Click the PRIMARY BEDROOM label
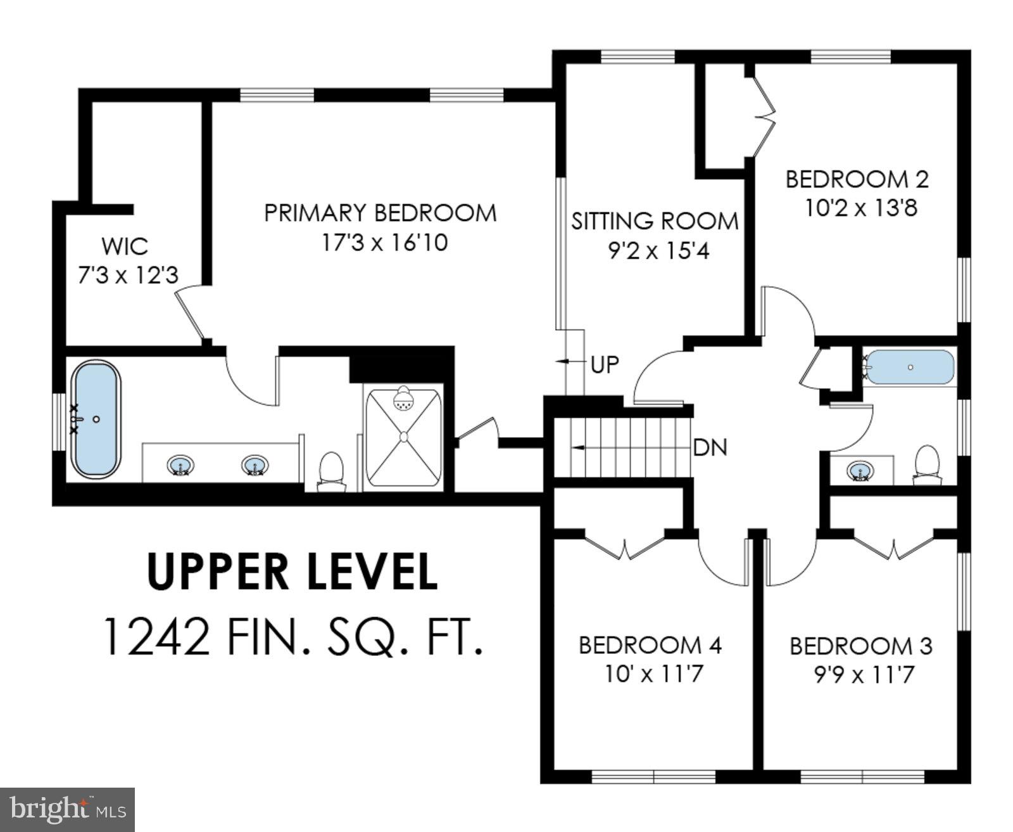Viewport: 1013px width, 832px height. point(380,213)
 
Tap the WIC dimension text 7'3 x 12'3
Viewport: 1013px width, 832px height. point(128,276)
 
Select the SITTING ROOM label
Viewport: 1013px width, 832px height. point(655,221)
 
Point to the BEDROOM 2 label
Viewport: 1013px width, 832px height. point(857,179)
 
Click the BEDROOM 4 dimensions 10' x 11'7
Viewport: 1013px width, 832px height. point(652,674)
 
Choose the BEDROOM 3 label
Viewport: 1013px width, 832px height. point(860,646)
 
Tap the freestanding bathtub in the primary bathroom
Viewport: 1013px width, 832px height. point(96,419)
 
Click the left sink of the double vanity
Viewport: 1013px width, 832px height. point(181,466)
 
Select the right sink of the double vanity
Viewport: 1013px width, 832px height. point(255,466)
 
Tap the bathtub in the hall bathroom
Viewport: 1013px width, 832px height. point(910,367)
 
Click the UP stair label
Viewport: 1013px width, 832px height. point(604,364)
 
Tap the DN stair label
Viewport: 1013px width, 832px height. point(710,448)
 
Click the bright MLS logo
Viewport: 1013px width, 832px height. point(68,809)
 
